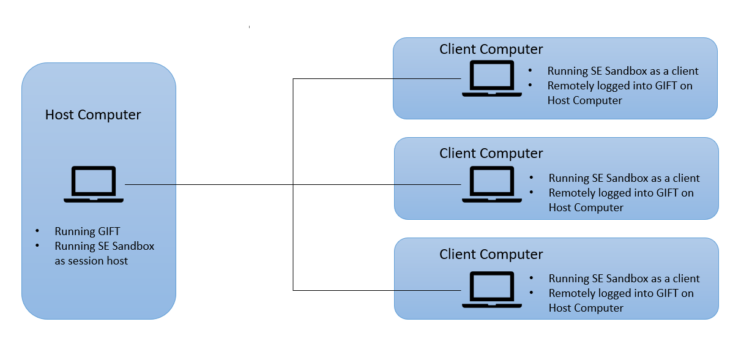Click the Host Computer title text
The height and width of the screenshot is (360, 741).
click(93, 115)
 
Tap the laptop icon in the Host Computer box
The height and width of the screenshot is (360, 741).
click(94, 184)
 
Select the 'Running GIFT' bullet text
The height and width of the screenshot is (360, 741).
click(88, 231)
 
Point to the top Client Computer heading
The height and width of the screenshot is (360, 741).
click(491, 50)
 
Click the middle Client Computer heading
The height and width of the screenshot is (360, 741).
click(491, 154)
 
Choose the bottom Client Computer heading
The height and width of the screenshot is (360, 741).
click(491, 255)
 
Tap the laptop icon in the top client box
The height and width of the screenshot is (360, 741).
click(492, 78)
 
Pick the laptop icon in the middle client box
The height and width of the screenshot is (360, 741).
click(492, 184)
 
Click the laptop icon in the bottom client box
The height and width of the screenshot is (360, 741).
click(492, 290)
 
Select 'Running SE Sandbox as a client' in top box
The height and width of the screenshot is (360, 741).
click(623, 71)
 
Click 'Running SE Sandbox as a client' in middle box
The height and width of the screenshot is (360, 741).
click(624, 178)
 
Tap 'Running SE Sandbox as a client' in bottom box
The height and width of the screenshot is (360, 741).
click(624, 279)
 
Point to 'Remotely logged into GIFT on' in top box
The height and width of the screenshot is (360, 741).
click(620, 86)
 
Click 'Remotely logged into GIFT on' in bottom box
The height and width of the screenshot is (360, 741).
click(621, 293)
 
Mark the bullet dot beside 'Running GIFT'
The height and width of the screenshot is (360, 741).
click(37, 231)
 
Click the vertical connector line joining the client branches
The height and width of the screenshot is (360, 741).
click(293, 185)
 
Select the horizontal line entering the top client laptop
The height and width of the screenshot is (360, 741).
click(377, 79)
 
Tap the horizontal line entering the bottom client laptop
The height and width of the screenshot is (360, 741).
click(377, 291)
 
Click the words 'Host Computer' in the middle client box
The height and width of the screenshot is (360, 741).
click(586, 208)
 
